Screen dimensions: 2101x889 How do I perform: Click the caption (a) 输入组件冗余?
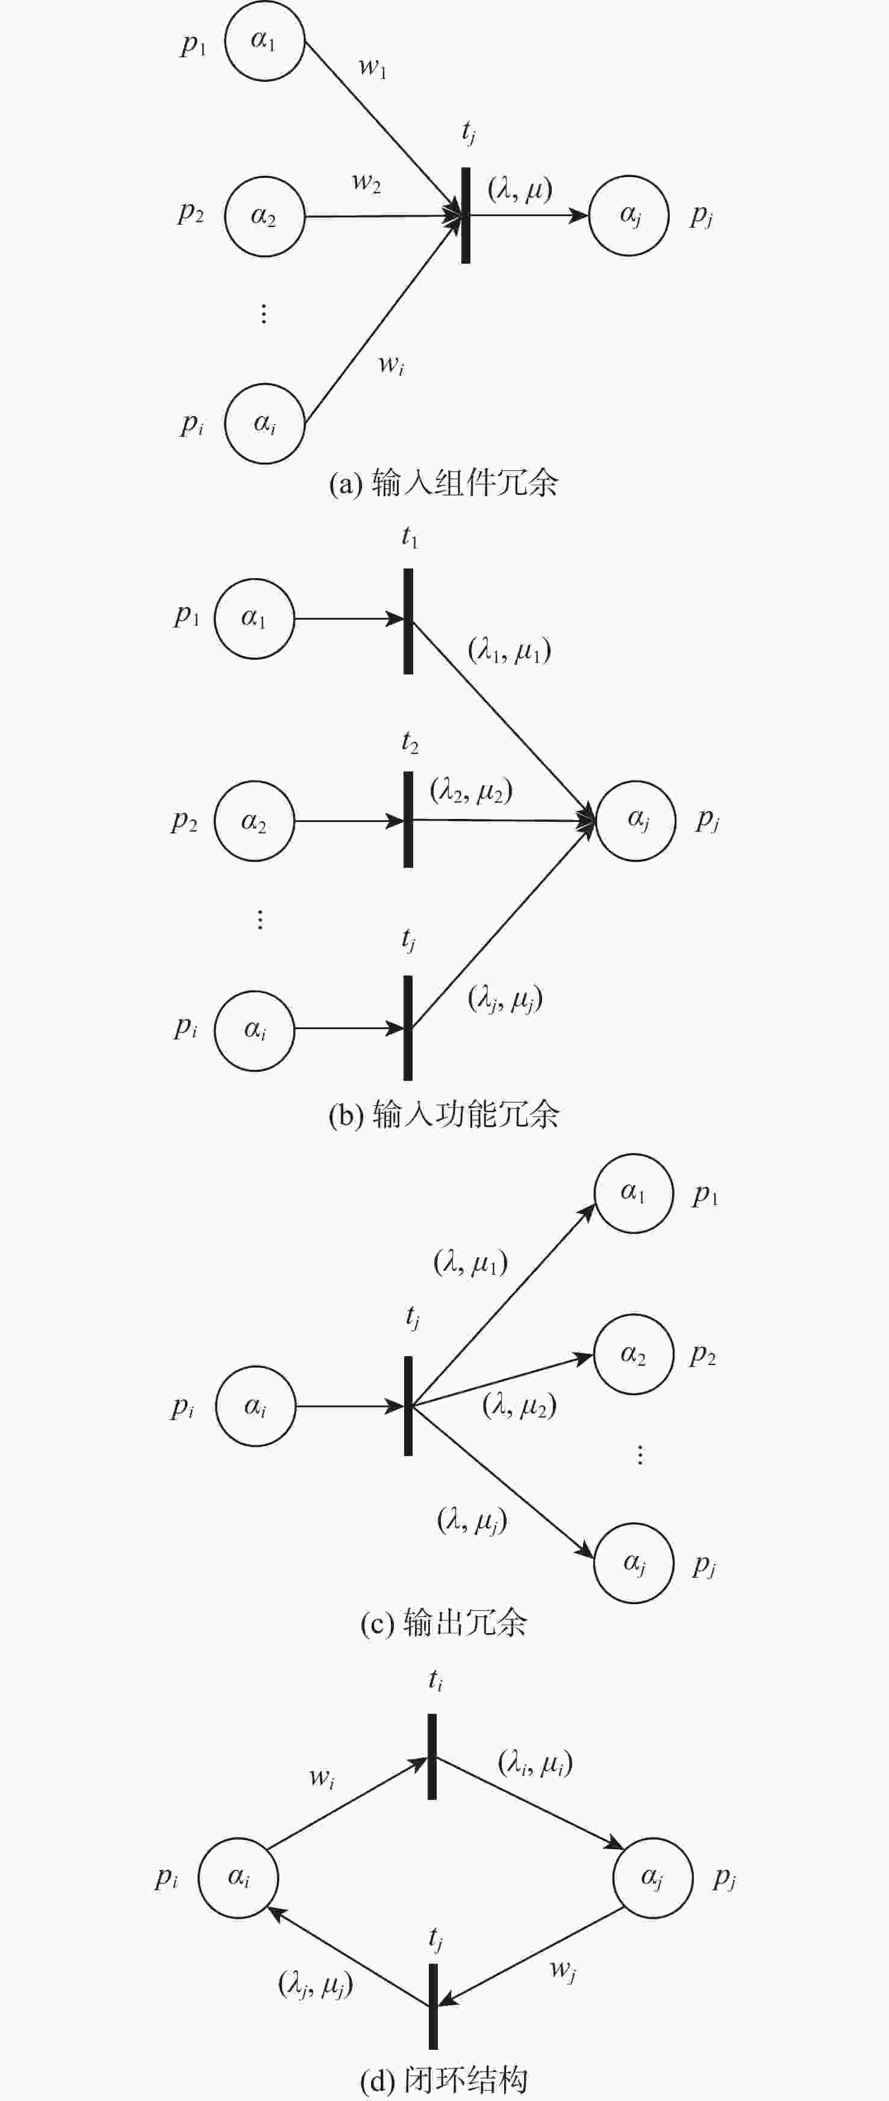444,483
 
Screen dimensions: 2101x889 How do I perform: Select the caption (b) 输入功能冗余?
444,1114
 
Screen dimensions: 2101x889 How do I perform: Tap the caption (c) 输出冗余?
444,1623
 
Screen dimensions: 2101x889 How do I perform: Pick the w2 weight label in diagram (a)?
366,182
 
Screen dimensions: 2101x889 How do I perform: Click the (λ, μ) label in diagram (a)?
520,189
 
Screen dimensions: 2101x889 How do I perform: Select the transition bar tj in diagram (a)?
466,216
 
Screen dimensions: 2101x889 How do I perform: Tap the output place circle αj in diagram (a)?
629,216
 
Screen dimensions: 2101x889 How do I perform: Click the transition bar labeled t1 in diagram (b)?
408,621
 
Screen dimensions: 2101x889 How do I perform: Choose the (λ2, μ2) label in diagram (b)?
472,790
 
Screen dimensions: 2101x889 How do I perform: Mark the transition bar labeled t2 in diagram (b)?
408,820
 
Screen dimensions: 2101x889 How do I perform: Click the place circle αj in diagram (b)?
636,821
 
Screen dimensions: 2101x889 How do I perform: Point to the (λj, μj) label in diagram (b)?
505,998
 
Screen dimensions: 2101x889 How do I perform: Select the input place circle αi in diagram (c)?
255,1406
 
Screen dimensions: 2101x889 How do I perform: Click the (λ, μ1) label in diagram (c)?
470,1263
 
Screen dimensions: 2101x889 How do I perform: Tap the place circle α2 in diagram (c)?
633,1354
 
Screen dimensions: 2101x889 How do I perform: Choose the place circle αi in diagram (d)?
238,1878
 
